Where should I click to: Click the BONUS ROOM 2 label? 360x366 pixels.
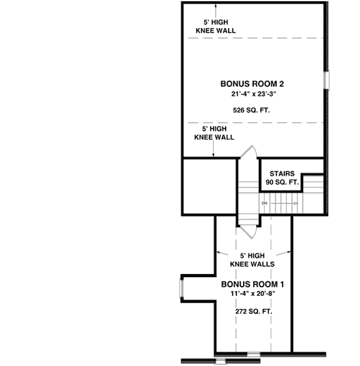(x=248, y=83)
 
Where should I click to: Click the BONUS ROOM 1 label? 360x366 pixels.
(x=249, y=284)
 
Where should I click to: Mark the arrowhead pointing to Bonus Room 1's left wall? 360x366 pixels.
(x=219, y=253)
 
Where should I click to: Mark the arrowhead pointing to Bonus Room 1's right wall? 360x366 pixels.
(x=287, y=253)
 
